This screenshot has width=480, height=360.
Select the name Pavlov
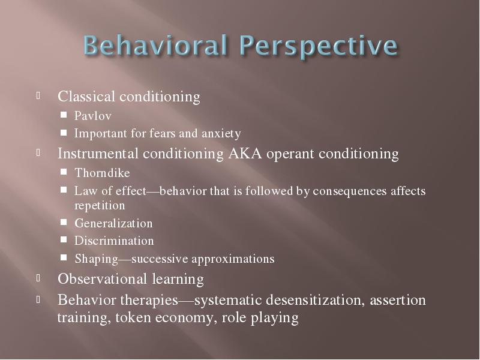(x=93, y=116)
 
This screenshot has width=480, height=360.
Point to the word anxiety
(x=221, y=134)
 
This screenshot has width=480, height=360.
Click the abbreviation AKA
(x=245, y=154)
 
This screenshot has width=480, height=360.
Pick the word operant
(x=290, y=154)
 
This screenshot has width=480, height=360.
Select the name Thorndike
(x=102, y=173)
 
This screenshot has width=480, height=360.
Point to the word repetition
(x=100, y=206)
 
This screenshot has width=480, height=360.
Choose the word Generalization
(x=113, y=223)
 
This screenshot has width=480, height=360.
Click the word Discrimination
(x=114, y=241)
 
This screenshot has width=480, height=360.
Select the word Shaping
(x=96, y=259)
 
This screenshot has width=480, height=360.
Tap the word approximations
(x=233, y=259)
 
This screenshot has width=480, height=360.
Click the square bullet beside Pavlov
(x=64, y=115)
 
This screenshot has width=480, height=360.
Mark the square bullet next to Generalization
(x=64, y=222)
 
